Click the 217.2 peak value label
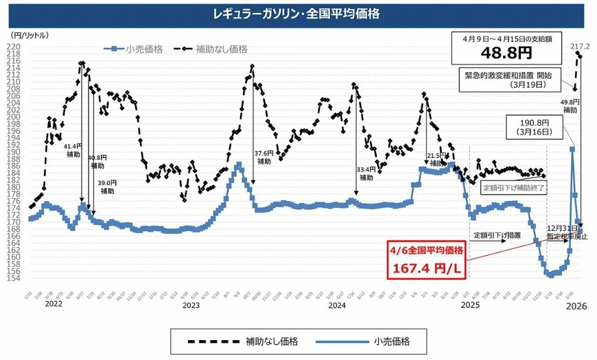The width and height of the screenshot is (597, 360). coord(581,45)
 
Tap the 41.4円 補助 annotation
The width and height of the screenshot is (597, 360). coord(71,149)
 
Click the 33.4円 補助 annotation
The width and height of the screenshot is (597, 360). coord(367,172)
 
